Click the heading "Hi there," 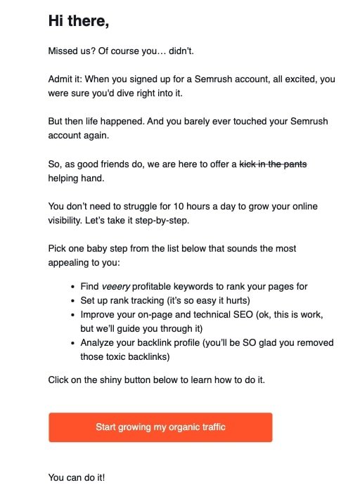point(79,22)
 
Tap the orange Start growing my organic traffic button point(160,427)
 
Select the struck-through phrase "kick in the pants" point(274,164)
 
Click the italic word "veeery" point(116,286)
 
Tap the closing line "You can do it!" point(77,477)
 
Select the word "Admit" point(61,79)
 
